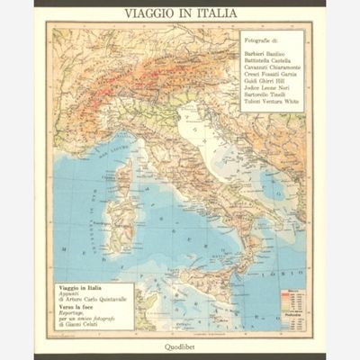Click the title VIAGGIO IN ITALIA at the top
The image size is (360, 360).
(x=180, y=15)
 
